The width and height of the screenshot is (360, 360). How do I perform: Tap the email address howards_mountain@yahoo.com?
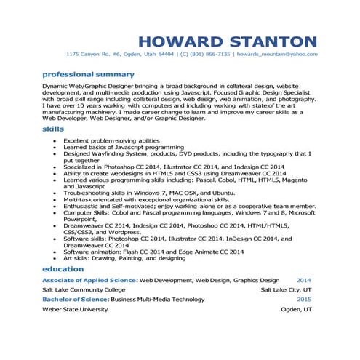pyautogui.click(x=278, y=54)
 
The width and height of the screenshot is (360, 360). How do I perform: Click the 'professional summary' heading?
pyautogui.click(x=88, y=74)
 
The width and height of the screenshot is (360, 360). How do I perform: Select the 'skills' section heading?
pyautogui.click(x=53, y=128)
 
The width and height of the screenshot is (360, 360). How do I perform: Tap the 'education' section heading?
pyautogui.click(x=63, y=269)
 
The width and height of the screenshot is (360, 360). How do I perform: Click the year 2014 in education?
pyautogui.click(x=303, y=279)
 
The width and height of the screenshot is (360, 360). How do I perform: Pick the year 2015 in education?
pyautogui.click(x=303, y=299)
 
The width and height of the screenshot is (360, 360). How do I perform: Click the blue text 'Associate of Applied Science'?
pyautogui.click(x=89, y=279)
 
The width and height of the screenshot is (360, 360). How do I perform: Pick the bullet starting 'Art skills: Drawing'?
pyautogui.click(x=124, y=258)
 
